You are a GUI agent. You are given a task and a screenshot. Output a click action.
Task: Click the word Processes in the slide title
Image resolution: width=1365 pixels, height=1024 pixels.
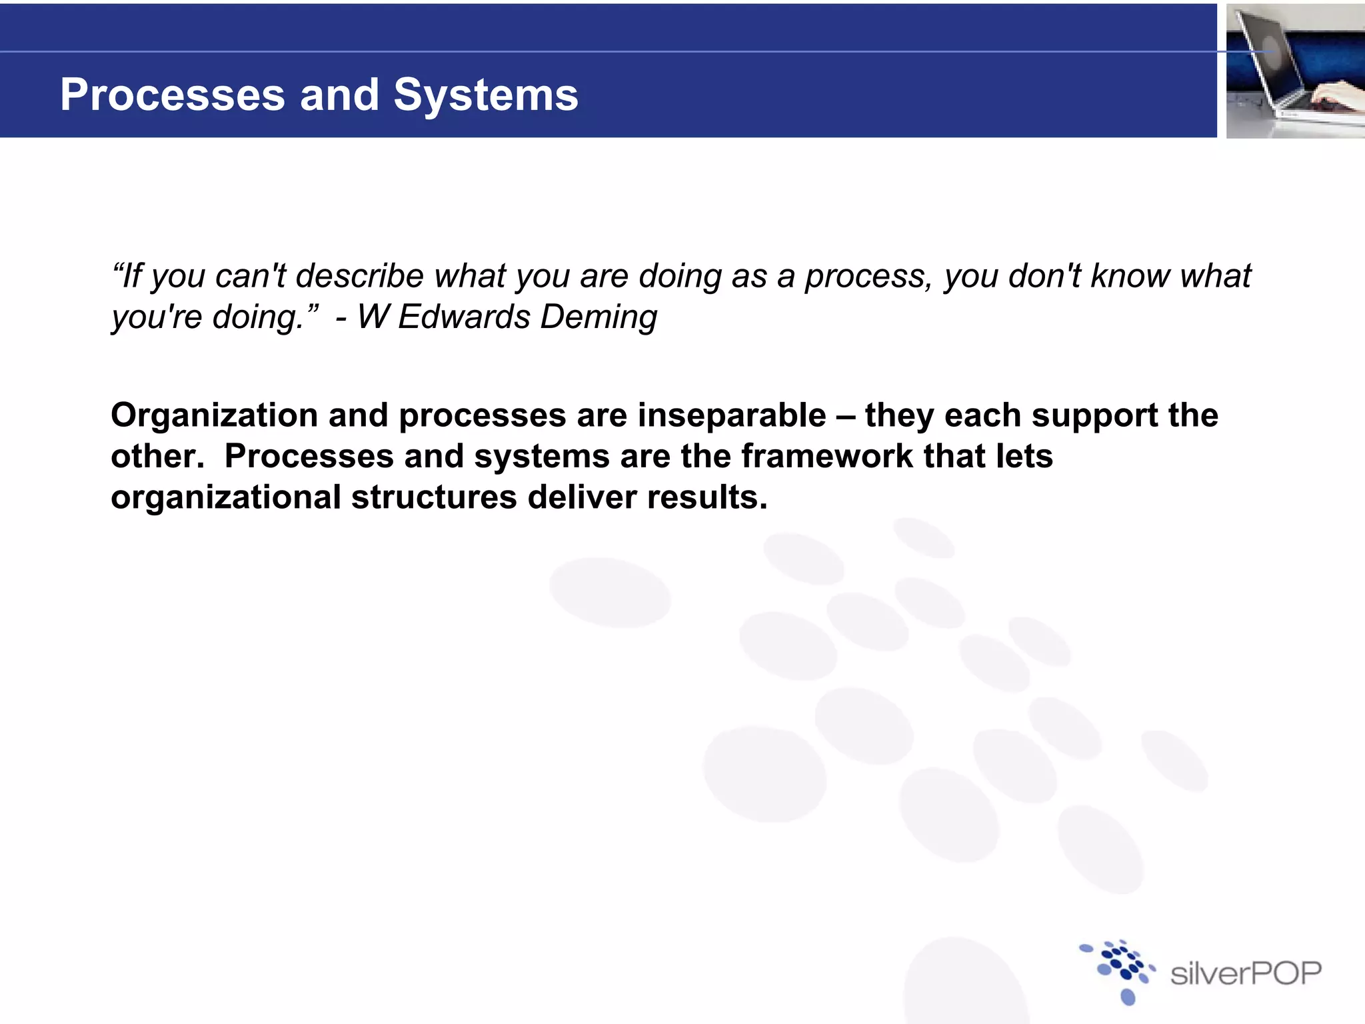[x=173, y=95]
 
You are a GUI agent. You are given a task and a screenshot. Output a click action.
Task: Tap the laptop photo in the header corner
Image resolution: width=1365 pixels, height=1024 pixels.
[x=1295, y=71]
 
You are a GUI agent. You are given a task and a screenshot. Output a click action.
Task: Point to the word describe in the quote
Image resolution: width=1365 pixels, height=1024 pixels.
[x=359, y=276]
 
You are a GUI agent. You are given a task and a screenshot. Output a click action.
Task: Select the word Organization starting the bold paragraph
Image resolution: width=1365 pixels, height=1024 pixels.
[x=214, y=416]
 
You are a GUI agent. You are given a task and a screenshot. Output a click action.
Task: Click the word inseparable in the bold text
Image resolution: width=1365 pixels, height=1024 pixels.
[x=732, y=416]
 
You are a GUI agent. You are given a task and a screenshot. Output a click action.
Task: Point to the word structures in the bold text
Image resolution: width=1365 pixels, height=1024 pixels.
[x=434, y=497]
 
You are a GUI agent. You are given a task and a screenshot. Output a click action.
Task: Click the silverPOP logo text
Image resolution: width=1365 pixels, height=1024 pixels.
[x=1245, y=974]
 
